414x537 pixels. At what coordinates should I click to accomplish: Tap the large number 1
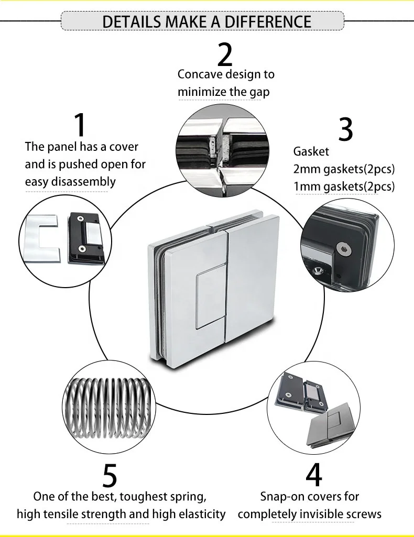[x=80, y=125]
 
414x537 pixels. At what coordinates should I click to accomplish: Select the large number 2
[x=225, y=53]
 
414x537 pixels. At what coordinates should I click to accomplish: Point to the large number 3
[x=345, y=129]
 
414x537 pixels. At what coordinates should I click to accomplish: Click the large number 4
[x=313, y=475]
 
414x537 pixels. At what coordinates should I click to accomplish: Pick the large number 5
[x=110, y=475]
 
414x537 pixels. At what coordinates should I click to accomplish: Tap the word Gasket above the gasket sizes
[x=311, y=151]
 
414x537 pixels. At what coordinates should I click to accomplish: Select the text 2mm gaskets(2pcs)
[x=344, y=169]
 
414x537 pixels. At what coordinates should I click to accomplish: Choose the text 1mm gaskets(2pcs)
[x=344, y=186]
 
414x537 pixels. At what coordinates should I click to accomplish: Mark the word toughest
[x=137, y=496]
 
